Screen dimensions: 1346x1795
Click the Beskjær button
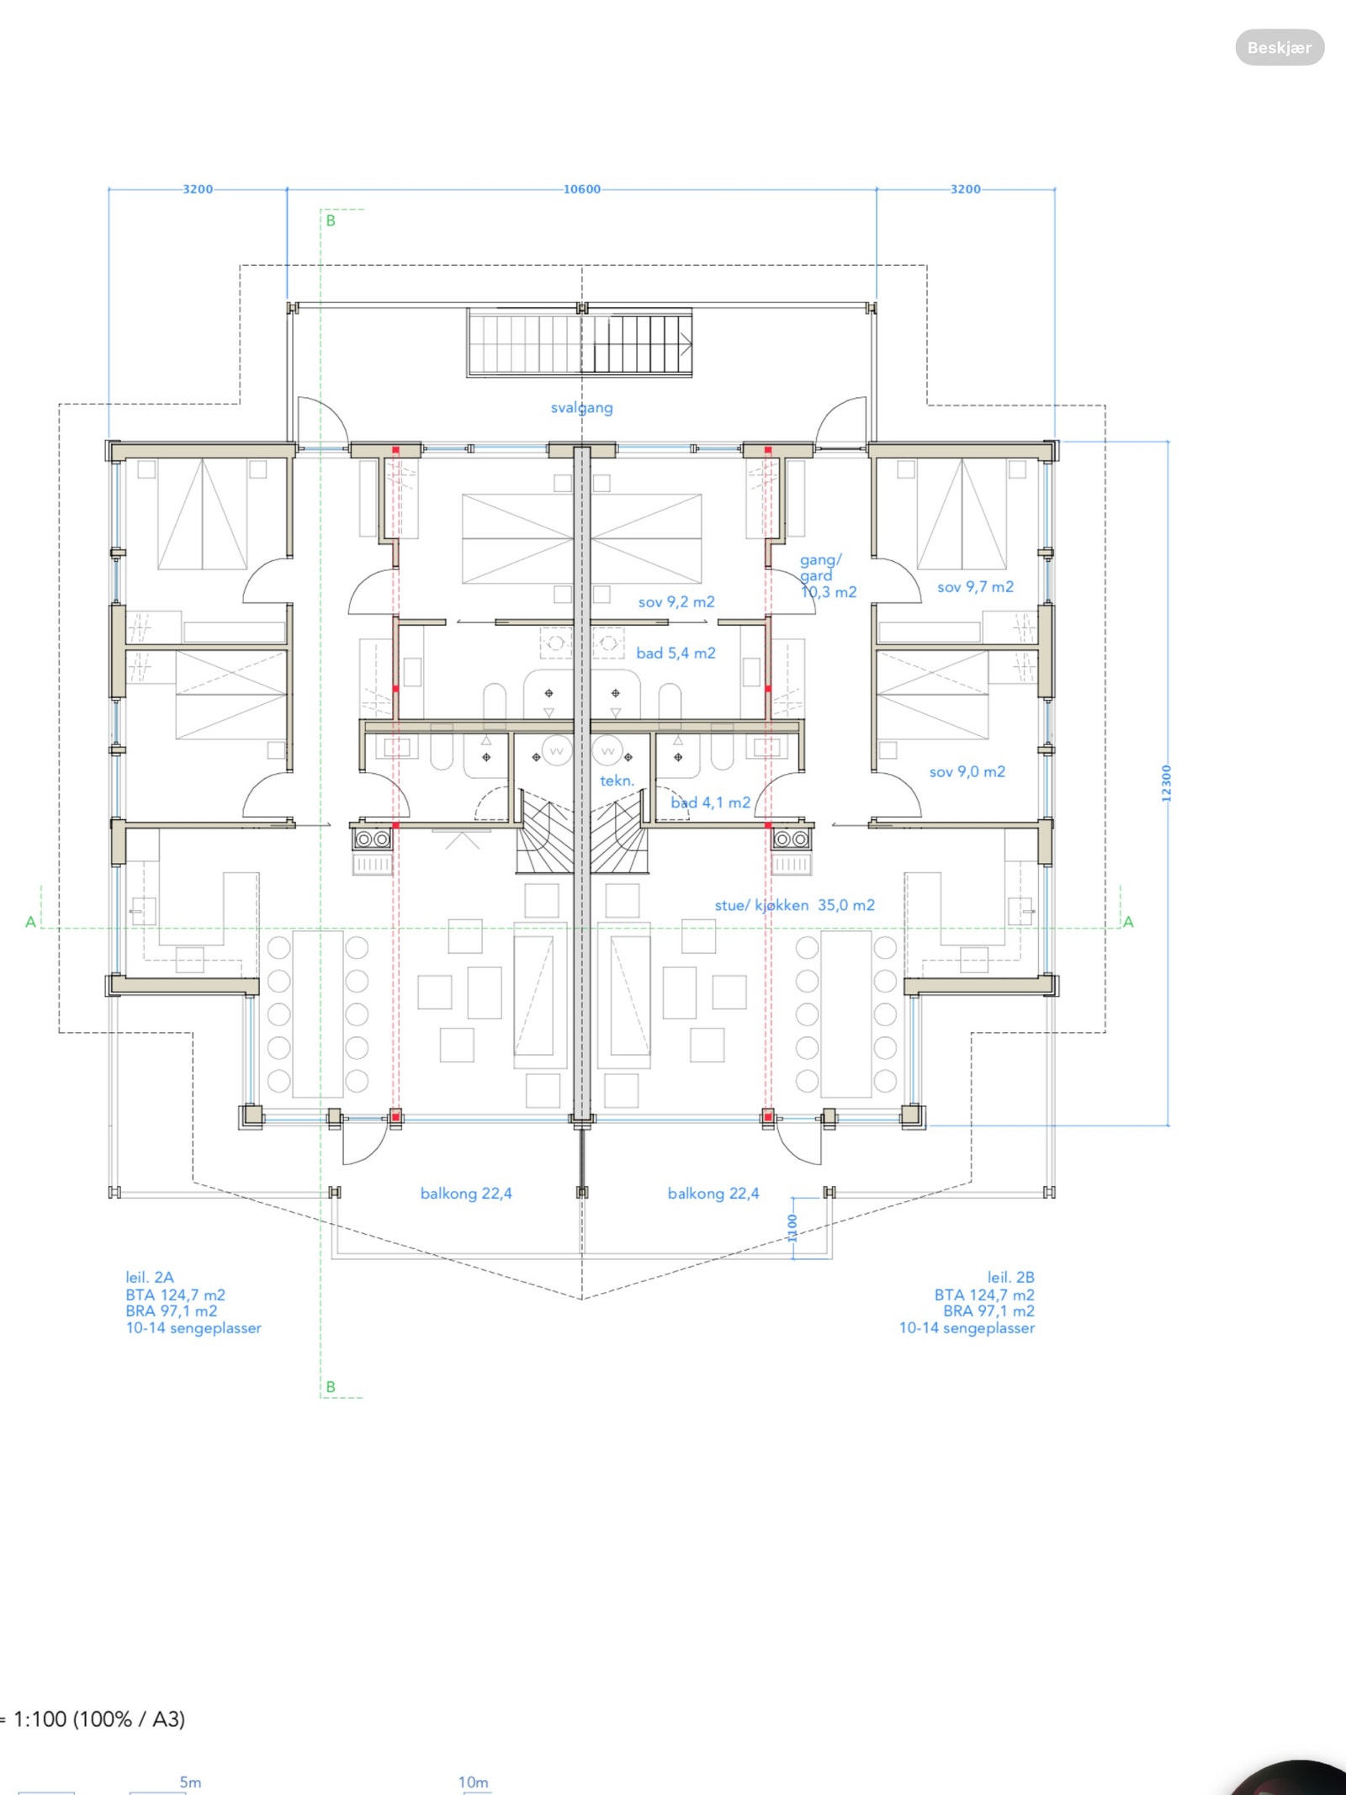coord(1280,47)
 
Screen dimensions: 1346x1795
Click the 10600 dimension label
coord(582,189)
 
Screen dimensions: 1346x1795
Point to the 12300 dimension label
coord(1166,783)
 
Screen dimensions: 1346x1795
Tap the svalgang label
coord(582,408)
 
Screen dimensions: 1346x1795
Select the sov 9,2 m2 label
coord(676,602)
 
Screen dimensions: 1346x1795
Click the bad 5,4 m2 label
coord(676,653)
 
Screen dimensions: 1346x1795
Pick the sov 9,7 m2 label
coord(976,587)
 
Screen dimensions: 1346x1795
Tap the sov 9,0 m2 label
coord(967,772)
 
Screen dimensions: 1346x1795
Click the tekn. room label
coord(617,781)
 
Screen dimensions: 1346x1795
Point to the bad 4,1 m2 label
coord(710,802)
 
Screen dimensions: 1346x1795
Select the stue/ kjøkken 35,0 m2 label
coord(795,905)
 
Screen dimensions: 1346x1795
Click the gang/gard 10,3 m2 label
coord(828,576)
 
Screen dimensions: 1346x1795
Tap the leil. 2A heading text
coord(150,1277)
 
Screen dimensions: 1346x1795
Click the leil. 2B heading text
coord(1011,1277)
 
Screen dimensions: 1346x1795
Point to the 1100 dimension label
coord(792,1227)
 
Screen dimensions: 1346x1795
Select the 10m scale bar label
coord(473,1782)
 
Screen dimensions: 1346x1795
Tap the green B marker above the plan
coord(331,220)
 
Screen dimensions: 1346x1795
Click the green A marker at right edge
coord(1129,922)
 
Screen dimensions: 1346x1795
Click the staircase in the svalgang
coord(580,342)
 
